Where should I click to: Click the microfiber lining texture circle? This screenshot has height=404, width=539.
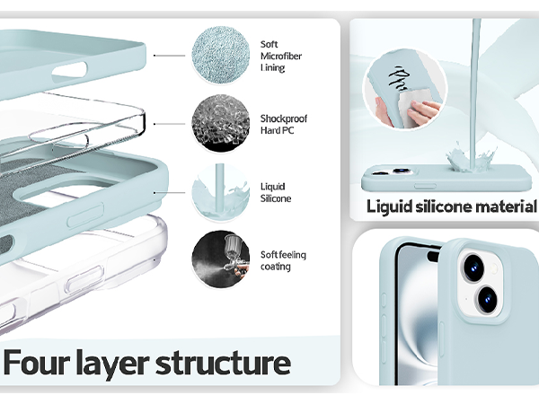[221, 55]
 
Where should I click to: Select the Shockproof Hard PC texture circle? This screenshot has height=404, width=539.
[221, 123]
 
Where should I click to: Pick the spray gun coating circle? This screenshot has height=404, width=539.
[221, 259]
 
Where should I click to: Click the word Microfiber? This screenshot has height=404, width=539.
[281, 56]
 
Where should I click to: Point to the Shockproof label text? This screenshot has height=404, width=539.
[284, 119]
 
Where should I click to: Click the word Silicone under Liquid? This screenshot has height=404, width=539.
[276, 198]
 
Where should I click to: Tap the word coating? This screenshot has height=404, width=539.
[276, 267]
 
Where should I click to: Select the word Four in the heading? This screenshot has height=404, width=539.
[38, 363]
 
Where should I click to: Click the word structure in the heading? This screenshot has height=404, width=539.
[224, 363]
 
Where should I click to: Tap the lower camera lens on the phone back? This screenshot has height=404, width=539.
[488, 299]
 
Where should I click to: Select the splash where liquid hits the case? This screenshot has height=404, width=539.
[472, 156]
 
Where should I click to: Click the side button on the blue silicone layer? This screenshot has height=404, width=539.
[85, 215]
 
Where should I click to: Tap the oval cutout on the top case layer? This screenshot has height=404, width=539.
[69, 70]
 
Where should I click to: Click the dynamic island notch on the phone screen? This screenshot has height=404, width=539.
[434, 256]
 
